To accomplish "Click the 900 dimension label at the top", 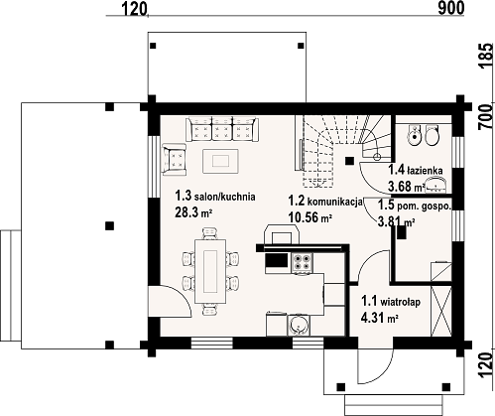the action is (x=451, y=8).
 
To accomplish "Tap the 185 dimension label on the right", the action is (x=486, y=56).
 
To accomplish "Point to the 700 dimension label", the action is (x=486, y=116).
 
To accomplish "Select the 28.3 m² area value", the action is (x=193, y=212).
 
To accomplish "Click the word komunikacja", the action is (x=335, y=202).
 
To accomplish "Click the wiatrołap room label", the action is (x=400, y=302).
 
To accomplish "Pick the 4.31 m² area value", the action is (x=379, y=318).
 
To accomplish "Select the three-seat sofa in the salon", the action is (x=222, y=129).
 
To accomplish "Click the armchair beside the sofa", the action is (x=175, y=158).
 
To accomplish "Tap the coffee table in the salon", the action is (x=221, y=161).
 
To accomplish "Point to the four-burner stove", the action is (x=303, y=262).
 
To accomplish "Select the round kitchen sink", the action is (x=300, y=325).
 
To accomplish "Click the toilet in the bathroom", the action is (x=432, y=135).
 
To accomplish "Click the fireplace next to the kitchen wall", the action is (x=282, y=234).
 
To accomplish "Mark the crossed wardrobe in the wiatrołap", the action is (x=441, y=311).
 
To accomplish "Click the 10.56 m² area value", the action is (x=309, y=217).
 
